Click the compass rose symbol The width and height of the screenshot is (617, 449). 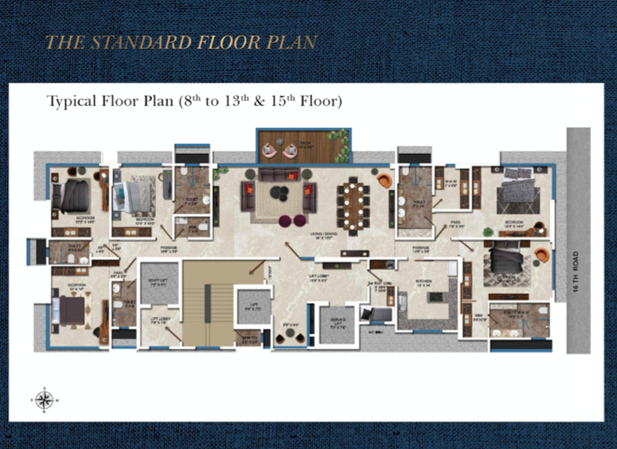44,400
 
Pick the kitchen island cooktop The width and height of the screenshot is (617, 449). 435,297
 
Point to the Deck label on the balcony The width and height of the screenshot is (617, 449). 306,143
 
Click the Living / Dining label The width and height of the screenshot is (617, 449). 323,235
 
